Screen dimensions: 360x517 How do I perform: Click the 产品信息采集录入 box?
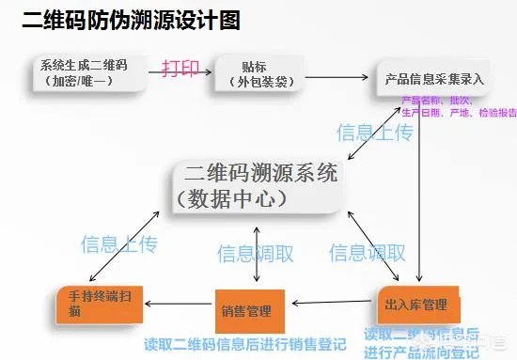(x=431, y=79)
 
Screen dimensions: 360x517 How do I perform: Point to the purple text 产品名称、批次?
(x=437, y=100)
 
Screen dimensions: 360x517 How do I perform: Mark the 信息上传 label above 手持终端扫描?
(x=119, y=244)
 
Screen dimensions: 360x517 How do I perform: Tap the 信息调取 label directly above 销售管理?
(x=255, y=253)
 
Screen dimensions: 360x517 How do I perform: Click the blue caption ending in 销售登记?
(x=245, y=342)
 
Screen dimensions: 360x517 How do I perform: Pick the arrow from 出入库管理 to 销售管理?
(x=333, y=304)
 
